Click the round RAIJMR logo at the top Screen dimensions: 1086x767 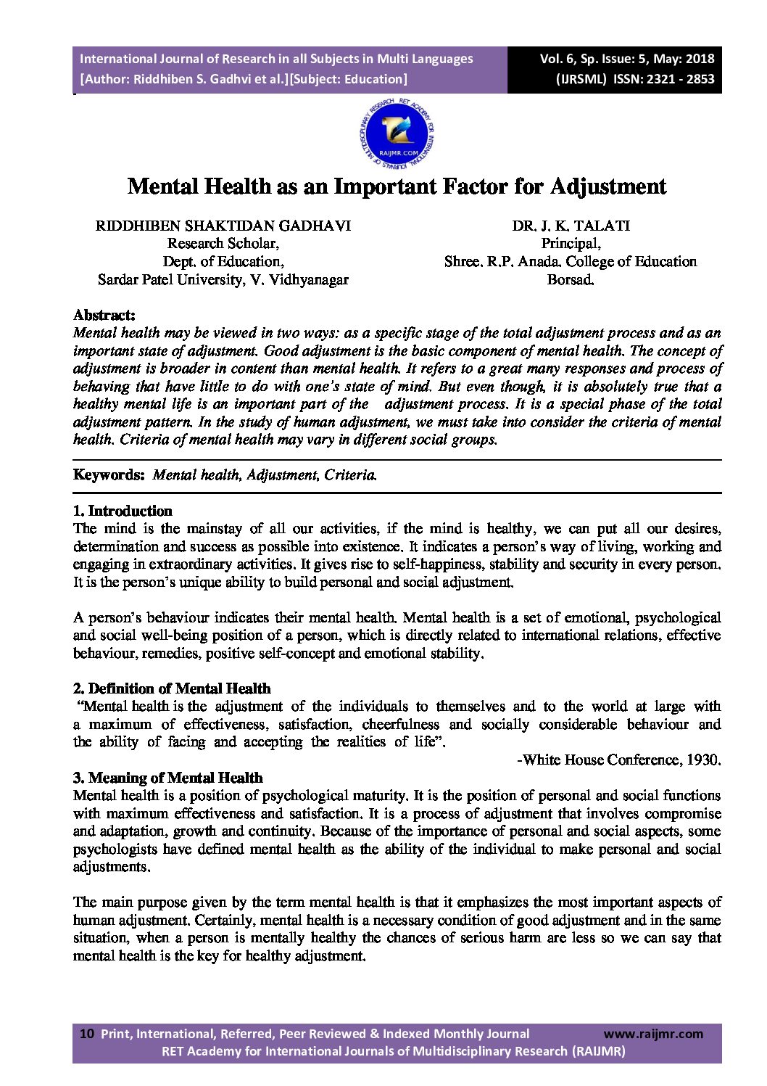397,133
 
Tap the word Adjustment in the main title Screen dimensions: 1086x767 608,186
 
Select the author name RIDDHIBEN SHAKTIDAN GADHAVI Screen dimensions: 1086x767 223,226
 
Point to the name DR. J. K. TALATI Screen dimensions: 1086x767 571,226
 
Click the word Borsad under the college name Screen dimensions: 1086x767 571,279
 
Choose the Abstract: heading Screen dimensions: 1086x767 104,315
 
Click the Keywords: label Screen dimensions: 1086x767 109,475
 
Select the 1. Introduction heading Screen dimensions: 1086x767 123,511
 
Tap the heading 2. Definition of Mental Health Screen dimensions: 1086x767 172,688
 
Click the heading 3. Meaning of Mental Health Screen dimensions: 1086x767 167,778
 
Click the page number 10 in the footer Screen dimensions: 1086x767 86,1034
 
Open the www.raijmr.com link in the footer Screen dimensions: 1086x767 652,1034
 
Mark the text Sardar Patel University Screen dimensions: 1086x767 172,279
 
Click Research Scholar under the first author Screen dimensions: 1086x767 223,244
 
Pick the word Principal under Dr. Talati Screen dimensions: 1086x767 571,244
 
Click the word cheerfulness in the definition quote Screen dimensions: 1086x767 400,724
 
